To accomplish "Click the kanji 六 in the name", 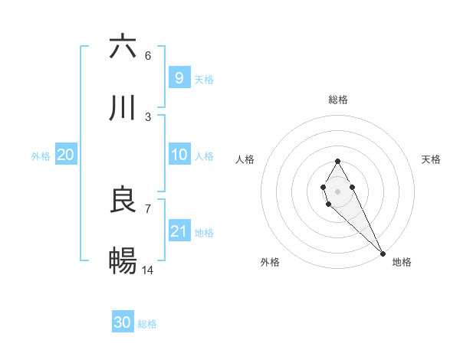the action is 123,47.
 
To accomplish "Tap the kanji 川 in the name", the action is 123,108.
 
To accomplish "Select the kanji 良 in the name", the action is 123,200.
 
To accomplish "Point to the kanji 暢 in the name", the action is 123,261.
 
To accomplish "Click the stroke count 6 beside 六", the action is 148,56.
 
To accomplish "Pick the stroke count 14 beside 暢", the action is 148,270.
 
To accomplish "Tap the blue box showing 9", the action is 179,77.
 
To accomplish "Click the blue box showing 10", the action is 179,155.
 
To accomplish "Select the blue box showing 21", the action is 179,231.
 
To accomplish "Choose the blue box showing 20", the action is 66,155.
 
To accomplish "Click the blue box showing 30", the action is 123,322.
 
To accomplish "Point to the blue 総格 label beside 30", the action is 147,324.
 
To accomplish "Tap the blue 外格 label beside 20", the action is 41,156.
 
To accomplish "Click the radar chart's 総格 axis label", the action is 338,100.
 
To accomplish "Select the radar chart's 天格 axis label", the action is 431,159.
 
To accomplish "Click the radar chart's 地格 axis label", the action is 402,262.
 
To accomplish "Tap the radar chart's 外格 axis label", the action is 270,262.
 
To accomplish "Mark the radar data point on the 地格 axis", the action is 383,252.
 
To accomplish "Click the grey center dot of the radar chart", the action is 337,190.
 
